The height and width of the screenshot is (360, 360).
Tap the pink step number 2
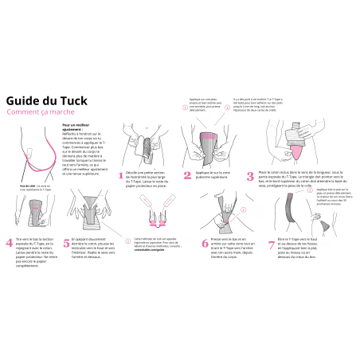click(x=187, y=175)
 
